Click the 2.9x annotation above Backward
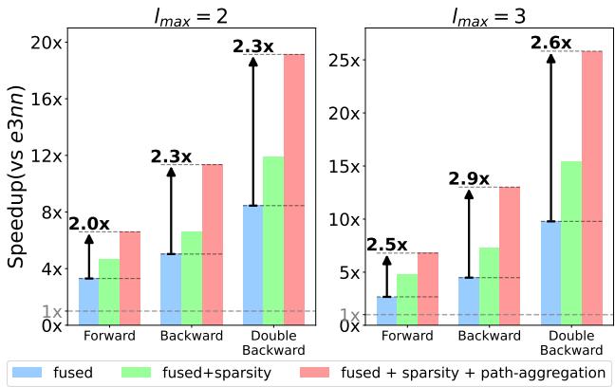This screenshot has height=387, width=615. click(469, 178)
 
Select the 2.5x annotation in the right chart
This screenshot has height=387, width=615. click(387, 245)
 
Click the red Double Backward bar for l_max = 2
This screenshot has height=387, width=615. click(294, 190)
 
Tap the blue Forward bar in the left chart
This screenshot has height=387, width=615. click(88, 301)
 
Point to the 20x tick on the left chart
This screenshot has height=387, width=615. click(47, 43)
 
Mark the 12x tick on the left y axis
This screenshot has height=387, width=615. click(47, 156)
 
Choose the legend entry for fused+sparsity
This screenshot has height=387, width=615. click(197, 373)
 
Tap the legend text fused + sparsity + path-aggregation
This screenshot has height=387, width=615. click(472, 373)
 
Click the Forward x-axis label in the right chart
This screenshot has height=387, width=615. click(407, 337)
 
